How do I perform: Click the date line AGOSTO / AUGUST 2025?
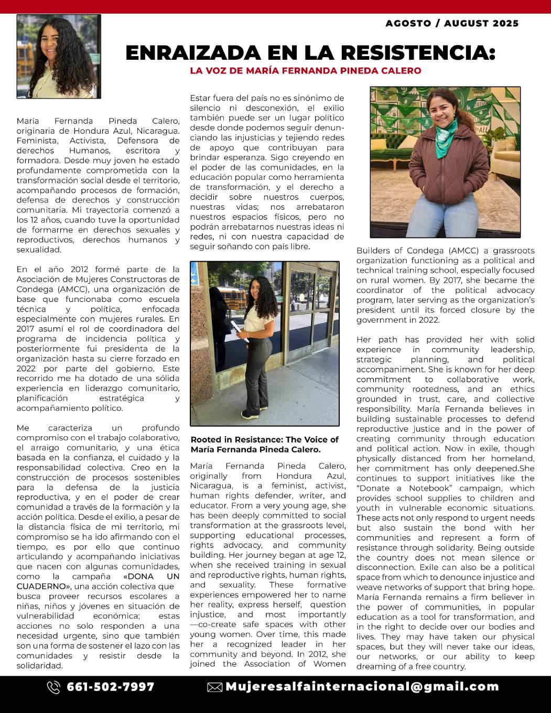(452, 24)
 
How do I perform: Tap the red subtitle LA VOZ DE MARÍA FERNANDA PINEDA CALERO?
(306, 70)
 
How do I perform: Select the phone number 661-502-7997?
(111, 687)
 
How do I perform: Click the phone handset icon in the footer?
(53, 687)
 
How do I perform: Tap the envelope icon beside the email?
(214, 687)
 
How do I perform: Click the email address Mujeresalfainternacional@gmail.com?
(362, 687)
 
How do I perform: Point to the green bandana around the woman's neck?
(445, 140)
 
